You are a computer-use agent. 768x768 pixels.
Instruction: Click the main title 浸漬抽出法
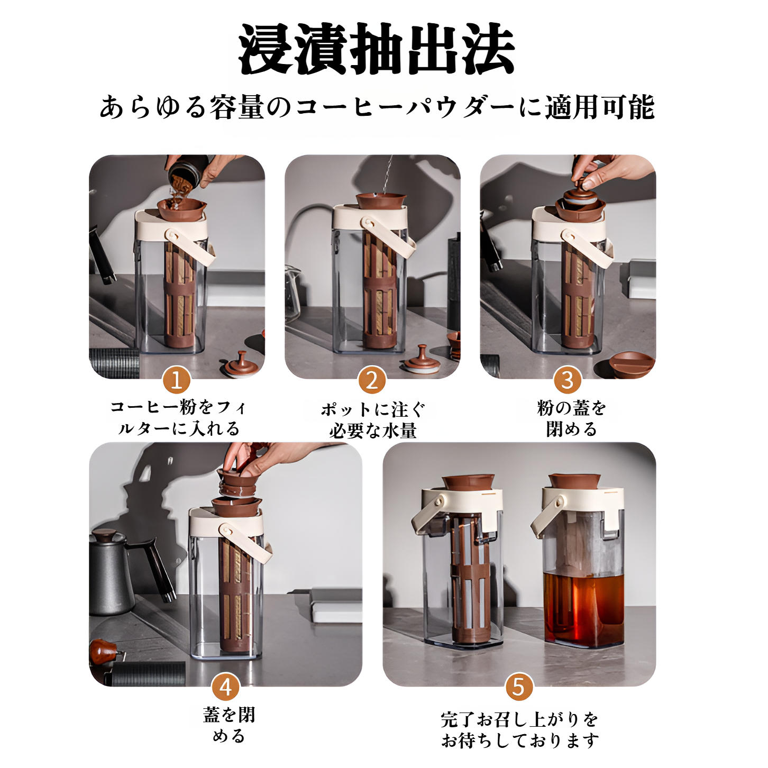pos(377,49)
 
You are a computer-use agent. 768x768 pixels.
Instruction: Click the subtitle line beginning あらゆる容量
pos(377,107)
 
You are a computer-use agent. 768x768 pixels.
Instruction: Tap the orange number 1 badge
pos(176,380)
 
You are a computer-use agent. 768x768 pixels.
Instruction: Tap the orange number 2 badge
pos(372,380)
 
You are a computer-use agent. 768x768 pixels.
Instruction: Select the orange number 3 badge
pos(568,380)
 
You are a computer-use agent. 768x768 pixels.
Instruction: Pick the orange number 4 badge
pos(226,687)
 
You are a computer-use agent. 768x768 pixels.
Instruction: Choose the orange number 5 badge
pos(519,687)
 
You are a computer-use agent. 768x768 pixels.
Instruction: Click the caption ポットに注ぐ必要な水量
pos(373,420)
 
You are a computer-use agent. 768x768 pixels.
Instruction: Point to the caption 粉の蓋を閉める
pos(571,418)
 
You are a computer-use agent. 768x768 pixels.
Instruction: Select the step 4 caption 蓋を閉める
pos(229,725)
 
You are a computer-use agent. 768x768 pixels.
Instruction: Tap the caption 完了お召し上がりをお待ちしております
pos(520,730)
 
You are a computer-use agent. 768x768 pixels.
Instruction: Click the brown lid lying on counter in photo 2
pos(421,362)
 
